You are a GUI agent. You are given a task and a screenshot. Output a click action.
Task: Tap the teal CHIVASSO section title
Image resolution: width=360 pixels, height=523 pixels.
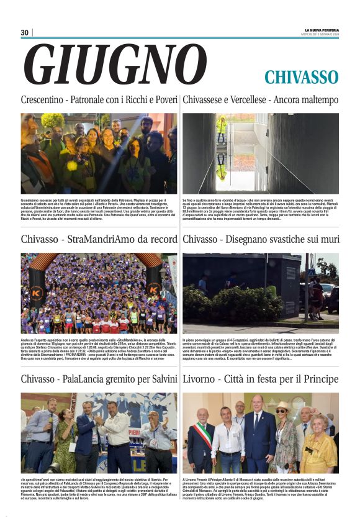point(301,77)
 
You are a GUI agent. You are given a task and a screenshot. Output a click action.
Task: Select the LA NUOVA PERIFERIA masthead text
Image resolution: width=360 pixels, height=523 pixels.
point(321,30)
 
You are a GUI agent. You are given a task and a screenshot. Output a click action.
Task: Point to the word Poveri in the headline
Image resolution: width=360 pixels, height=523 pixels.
point(162,100)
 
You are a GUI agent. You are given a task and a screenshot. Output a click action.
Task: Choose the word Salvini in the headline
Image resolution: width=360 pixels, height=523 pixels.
point(162,379)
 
